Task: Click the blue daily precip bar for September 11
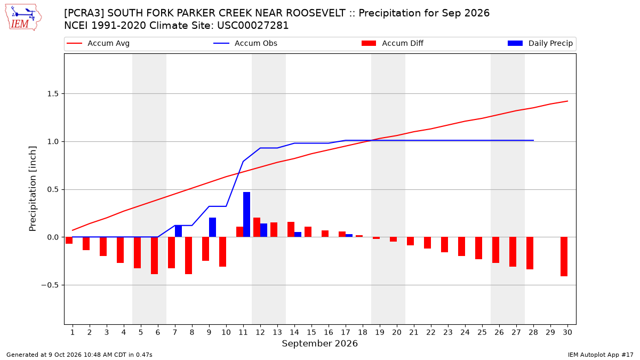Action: pyautogui.click(x=246, y=214)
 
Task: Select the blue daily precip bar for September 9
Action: pyautogui.click(x=213, y=227)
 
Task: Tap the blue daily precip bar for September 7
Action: pyautogui.click(x=178, y=231)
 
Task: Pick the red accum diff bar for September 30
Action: pyautogui.click(x=564, y=257)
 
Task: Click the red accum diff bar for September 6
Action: pyautogui.click(x=154, y=255)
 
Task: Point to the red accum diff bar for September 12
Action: pyautogui.click(x=257, y=227)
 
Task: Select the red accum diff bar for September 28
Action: pyautogui.click(x=530, y=253)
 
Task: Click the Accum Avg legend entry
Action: pyautogui.click(x=98, y=43)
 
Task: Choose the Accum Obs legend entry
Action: pyautogui.click(x=245, y=43)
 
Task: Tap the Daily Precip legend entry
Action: pyautogui.click(x=540, y=43)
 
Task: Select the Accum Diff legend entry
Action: pyautogui.click(x=393, y=43)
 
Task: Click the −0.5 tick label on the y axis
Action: pyautogui.click(x=50, y=285)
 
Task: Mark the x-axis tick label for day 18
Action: pyautogui.click(x=363, y=332)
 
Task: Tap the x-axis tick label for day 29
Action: pyautogui.click(x=550, y=332)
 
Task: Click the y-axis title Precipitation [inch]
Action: pyautogui.click(x=33, y=189)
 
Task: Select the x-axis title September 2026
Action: pyautogui.click(x=319, y=343)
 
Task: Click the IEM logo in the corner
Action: pyautogui.click(x=23, y=18)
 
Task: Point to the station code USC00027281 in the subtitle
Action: pyautogui.click(x=253, y=26)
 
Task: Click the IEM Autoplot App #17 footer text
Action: pyautogui.click(x=601, y=355)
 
